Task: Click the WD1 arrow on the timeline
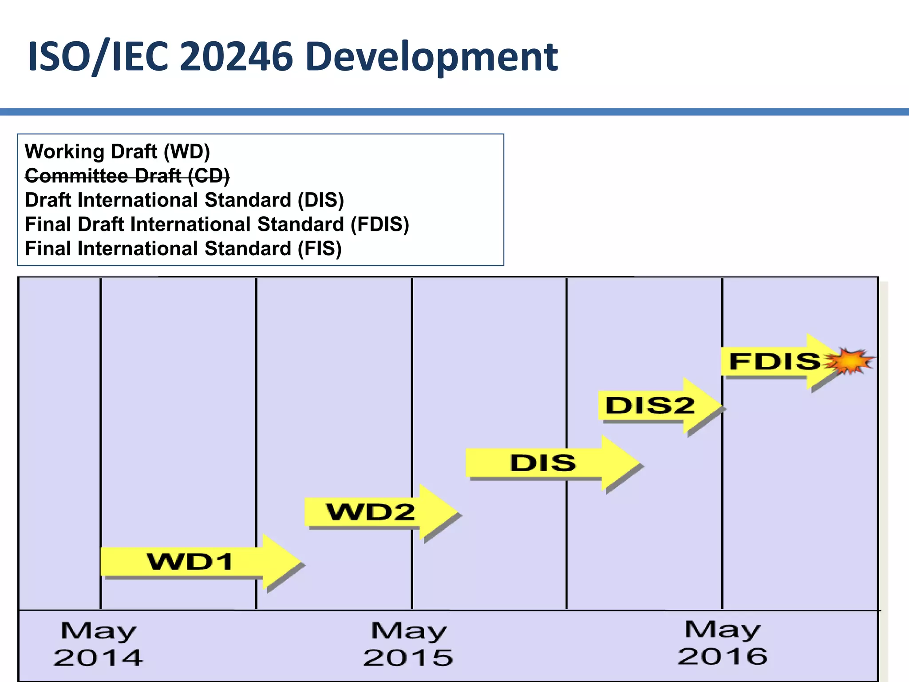[191, 562]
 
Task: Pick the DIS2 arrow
[650, 405]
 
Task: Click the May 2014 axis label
[98, 644]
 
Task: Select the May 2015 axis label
[408, 644]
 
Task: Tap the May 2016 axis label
[722, 643]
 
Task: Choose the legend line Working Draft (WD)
[117, 151]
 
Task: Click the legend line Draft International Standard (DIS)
[184, 200]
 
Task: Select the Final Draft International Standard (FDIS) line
[217, 224]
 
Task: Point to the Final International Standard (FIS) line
[183, 249]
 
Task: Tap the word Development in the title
[431, 57]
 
